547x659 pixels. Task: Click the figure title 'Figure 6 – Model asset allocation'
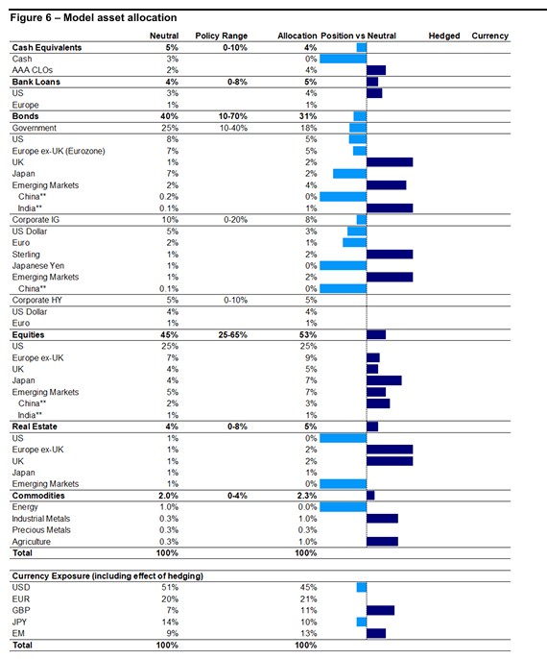[x=93, y=17]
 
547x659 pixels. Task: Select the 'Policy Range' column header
[x=222, y=36]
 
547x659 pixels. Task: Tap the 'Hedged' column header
[x=444, y=36]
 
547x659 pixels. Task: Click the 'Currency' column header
[x=490, y=36]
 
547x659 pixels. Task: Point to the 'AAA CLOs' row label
[x=33, y=70]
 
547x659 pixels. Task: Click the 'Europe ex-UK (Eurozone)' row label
[x=59, y=151]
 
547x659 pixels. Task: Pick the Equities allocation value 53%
[x=308, y=335]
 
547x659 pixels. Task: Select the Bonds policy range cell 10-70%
[x=233, y=116]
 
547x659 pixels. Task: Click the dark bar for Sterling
[x=390, y=255]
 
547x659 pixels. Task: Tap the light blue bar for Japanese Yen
[x=343, y=265]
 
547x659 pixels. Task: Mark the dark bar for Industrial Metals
[x=383, y=519]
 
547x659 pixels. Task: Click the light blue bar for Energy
[x=343, y=507]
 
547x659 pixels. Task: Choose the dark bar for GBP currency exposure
[x=380, y=610]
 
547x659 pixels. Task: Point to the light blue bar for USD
[x=362, y=588]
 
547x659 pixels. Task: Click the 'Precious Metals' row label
[x=41, y=530]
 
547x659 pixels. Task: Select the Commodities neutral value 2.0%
[x=168, y=496]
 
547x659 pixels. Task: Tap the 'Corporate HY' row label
[x=36, y=300]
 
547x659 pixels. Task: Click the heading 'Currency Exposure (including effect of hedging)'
[x=107, y=576]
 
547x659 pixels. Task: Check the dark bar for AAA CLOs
[x=376, y=70]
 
